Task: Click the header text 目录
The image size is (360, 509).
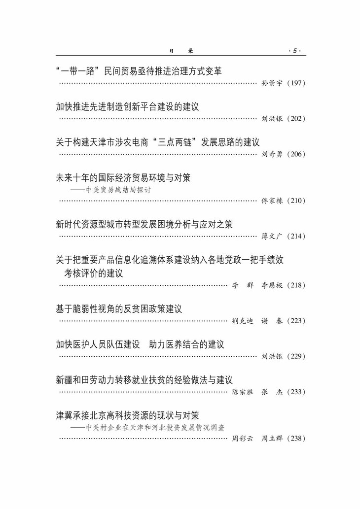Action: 180,51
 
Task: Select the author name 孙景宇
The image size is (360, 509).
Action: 271,83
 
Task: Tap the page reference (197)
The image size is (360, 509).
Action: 296,83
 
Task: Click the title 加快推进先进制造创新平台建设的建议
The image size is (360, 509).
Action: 127,106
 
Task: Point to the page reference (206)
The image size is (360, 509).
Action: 296,154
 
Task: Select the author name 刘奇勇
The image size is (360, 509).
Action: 271,154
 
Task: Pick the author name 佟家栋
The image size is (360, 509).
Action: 271,201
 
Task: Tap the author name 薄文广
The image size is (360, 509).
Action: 271,237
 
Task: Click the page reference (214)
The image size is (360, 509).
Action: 296,237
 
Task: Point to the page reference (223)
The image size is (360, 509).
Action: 296,321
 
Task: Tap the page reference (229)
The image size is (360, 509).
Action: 296,356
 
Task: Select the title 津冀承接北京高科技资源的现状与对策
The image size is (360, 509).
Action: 127,415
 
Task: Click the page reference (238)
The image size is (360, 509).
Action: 296,439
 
